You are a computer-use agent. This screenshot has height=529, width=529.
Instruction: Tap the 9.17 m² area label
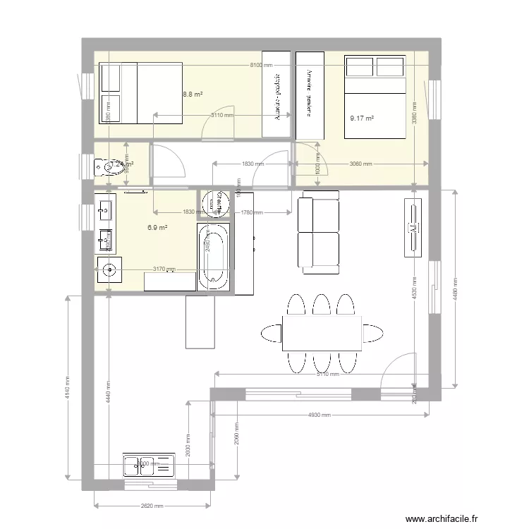362,119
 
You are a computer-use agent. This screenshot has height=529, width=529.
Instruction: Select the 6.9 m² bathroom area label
157,228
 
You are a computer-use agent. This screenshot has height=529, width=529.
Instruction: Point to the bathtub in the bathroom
213,257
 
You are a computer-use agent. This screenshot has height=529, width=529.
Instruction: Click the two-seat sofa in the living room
320,233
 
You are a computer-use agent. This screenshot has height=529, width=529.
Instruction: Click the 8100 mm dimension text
260,65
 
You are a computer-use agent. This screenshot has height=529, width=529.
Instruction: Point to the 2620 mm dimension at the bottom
152,506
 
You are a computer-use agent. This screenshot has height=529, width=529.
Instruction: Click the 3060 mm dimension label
361,164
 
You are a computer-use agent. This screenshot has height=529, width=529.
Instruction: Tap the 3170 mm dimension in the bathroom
164,269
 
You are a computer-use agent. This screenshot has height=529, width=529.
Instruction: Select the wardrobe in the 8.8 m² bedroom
276,95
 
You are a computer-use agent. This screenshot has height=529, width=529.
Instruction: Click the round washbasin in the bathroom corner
109,269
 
